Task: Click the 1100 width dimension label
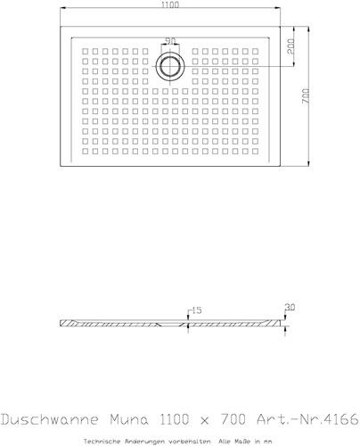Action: pos(170,5)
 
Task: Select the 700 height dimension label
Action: pos(306,95)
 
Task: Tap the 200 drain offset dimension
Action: pos(290,45)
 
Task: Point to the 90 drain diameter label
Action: pos(170,41)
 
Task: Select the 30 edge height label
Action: pos(290,308)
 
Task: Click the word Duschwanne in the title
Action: pos(50,419)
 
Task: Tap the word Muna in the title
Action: pos(129,419)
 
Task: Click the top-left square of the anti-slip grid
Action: pos(86,52)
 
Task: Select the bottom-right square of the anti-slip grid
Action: pos(255,152)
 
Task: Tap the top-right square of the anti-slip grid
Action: pos(255,52)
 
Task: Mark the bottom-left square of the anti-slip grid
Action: pos(86,152)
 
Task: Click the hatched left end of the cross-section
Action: pos(69,323)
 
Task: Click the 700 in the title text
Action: pos(233,419)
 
